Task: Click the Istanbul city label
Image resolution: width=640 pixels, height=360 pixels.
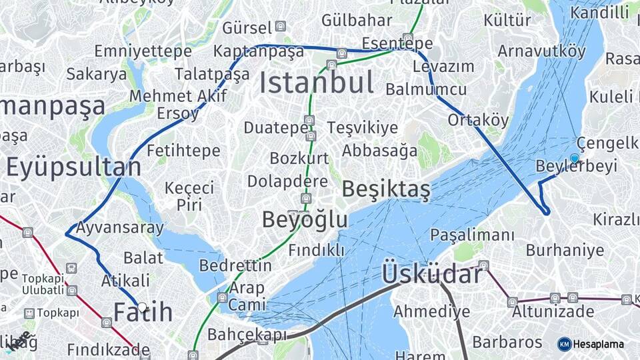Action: point(316,83)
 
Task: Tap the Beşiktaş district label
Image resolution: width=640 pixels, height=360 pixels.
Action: point(386,190)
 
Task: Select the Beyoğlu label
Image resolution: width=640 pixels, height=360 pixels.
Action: point(305,219)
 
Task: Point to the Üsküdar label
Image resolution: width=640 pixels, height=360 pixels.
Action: point(432,274)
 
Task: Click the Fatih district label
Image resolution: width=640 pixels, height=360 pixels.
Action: point(143,312)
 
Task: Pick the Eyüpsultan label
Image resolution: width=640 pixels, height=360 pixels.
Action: point(74,167)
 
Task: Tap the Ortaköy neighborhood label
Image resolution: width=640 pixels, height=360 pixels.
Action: point(478,121)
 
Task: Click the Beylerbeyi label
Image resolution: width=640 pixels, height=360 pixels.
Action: point(577,167)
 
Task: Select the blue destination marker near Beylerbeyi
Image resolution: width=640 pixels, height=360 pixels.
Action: point(575,158)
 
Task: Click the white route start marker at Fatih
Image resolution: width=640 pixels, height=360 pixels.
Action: point(142,307)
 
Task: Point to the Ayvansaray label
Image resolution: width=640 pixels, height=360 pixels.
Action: point(119,228)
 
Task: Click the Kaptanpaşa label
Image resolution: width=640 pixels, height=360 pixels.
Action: point(259,51)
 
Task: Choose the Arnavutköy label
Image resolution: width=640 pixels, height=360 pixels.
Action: point(541,51)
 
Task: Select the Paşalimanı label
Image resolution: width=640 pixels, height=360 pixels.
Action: point(472,235)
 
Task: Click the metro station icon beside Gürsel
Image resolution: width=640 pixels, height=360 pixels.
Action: point(281,27)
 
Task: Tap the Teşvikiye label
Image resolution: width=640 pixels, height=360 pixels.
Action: point(362,128)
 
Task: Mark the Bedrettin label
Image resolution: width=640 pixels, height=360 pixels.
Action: point(235,265)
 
